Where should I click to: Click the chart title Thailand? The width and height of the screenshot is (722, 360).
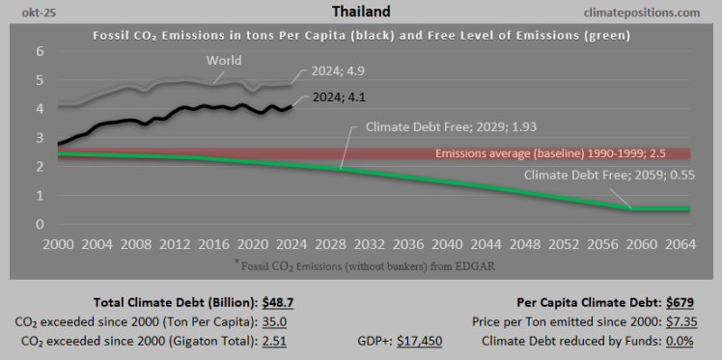360,12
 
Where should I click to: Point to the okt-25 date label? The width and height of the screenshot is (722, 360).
28,12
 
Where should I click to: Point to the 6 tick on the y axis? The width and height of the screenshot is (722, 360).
41,51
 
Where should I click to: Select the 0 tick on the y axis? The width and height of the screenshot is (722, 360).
41,224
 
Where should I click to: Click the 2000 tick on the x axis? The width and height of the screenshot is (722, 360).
60,244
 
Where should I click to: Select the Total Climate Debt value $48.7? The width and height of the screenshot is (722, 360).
269,301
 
